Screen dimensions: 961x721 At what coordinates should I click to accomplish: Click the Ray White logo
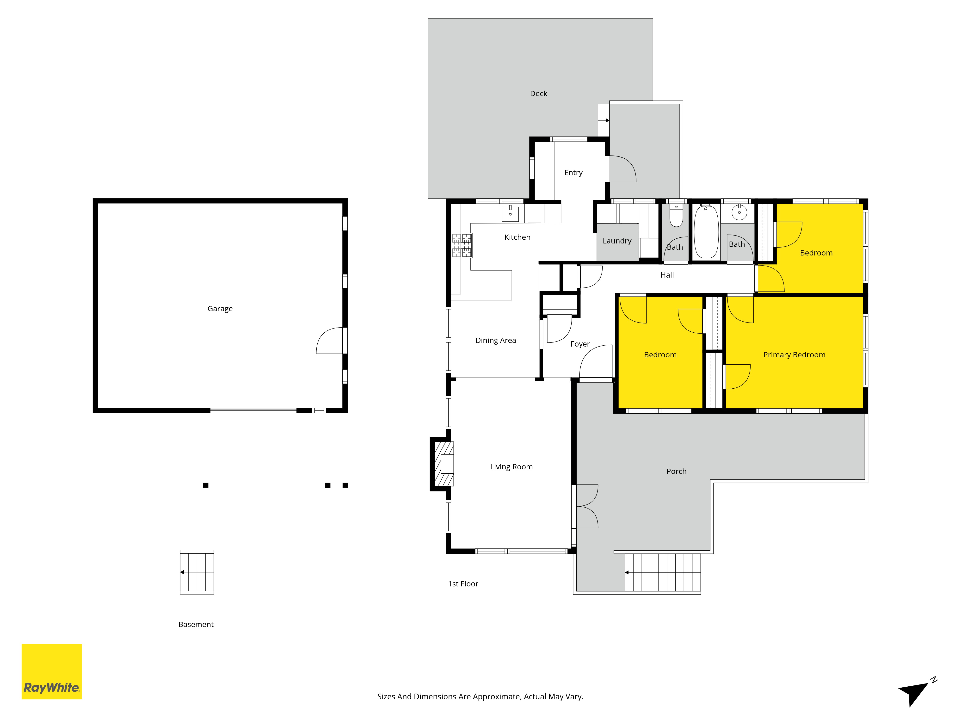[52, 671]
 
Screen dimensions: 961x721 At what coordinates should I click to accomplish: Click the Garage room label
[220, 309]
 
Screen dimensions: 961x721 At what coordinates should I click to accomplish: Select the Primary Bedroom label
[794, 355]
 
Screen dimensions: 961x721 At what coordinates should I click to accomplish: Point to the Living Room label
[511, 467]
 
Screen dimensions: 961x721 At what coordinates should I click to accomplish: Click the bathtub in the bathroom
[706, 232]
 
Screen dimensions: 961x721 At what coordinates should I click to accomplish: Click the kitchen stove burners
[461, 245]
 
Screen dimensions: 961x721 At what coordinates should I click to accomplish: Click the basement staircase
[197, 572]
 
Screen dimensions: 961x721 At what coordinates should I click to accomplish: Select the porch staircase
[663, 572]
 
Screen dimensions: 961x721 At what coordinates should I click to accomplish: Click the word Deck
[538, 93]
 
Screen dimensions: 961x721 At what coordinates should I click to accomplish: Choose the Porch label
[677, 471]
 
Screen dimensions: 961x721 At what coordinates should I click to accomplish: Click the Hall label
[667, 275]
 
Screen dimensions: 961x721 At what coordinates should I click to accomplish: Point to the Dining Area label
[496, 340]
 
